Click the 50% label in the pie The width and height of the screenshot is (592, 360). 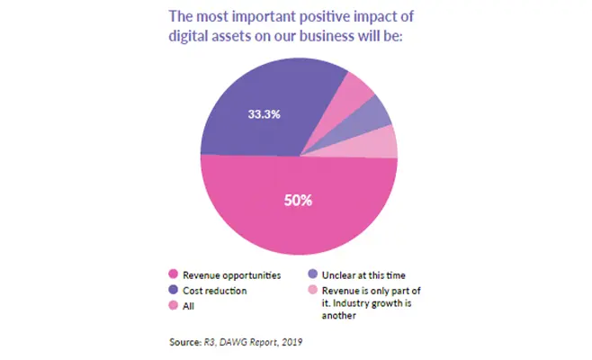click(x=299, y=200)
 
